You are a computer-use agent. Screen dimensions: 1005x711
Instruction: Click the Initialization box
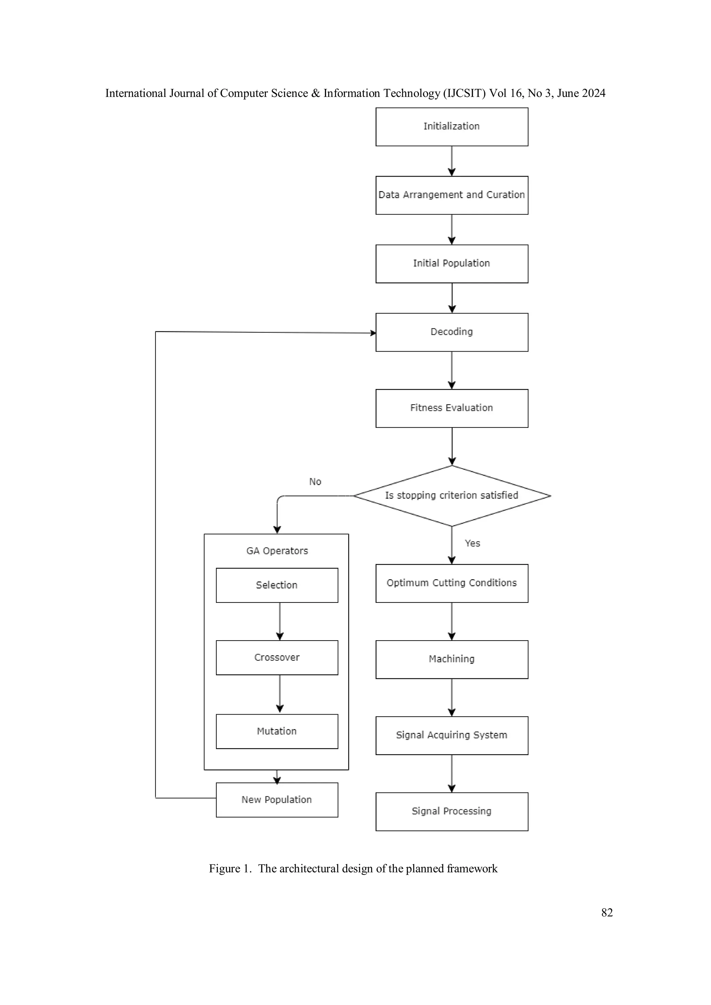point(451,127)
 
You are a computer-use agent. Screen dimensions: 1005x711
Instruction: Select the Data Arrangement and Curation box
point(451,195)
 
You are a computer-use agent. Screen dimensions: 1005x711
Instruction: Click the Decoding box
point(451,332)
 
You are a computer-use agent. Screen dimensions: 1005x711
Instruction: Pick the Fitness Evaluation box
point(451,408)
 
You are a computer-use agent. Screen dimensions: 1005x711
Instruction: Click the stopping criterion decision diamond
point(451,496)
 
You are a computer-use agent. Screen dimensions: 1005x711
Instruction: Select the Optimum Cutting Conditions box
point(451,583)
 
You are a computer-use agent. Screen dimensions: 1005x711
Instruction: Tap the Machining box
point(451,659)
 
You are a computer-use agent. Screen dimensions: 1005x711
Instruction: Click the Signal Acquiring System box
point(451,735)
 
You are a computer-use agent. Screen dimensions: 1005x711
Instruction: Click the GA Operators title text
point(277,551)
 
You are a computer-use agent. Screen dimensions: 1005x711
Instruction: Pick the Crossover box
point(277,658)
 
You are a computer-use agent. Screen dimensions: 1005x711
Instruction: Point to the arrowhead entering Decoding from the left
point(373,333)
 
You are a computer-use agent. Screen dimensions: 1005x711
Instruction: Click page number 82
point(607,912)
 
